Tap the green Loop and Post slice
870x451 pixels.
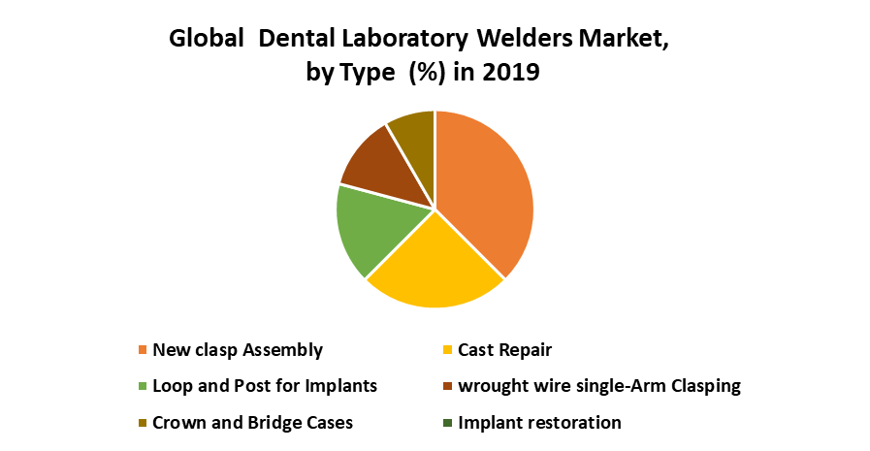pos(377,228)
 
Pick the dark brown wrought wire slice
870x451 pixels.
pos(388,164)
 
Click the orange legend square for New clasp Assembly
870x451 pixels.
pos(143,350)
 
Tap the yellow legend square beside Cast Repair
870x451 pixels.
pos(448,350)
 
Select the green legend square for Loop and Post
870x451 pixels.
pos(143,386)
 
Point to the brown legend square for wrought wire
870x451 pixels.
pos(448,386)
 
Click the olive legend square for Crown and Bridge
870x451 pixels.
pos(143,423)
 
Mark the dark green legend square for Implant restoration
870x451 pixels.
pos(448,423)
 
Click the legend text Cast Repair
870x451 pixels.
pos(505,350)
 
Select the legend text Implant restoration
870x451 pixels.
pos(539,423)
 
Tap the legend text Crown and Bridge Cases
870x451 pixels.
pos(252,423)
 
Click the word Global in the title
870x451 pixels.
pos(207,38)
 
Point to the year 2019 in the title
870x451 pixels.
pos(510,72)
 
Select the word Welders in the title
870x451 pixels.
pos(525,38)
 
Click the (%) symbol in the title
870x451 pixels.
pos(427,73)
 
